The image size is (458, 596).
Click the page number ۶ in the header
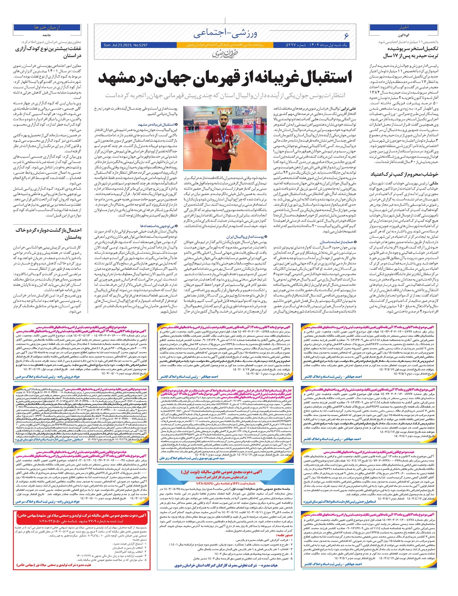coord(346,36)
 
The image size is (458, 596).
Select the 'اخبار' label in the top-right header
coord(404,28)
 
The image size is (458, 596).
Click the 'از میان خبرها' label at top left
coord(47,28)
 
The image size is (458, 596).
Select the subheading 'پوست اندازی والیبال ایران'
coord(250,237)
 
